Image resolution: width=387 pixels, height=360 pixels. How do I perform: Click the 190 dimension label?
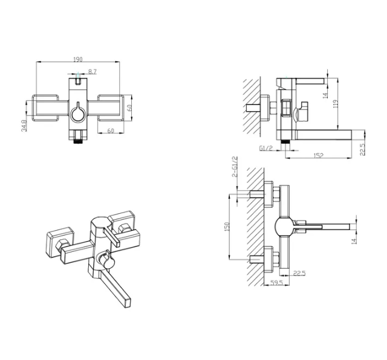click(78, 59)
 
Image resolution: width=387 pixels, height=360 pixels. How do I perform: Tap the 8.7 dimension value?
click(93, 72)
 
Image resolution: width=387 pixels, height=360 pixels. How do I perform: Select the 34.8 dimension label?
click(24, 126)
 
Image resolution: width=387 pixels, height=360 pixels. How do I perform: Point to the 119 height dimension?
click(335, 104)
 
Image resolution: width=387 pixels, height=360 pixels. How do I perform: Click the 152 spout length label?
click(319, 156)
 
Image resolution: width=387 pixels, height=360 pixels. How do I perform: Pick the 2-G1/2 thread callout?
click(235, 167)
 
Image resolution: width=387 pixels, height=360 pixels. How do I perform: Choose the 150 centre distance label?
click(227, 227)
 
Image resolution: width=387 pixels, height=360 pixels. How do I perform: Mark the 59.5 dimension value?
click(276, 283)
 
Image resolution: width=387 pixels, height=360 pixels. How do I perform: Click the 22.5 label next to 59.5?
click(299, 273)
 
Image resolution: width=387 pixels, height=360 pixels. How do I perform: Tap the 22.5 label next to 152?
click(362, 149)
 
